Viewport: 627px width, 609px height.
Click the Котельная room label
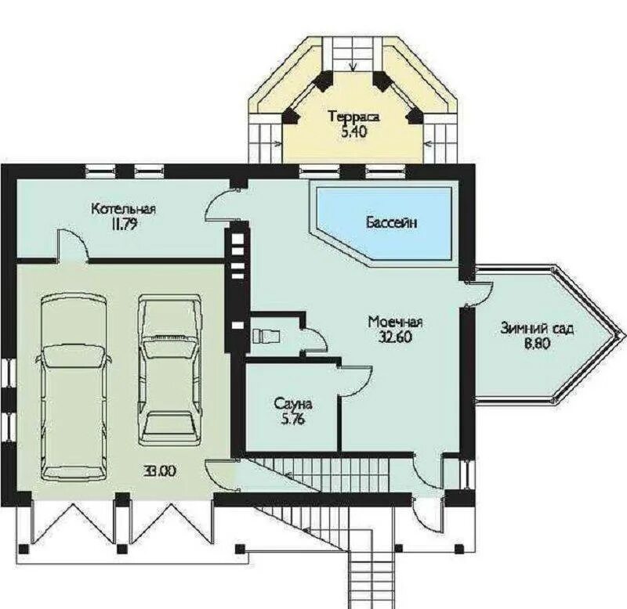pos(123,209)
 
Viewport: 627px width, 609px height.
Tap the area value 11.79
pos(125,225)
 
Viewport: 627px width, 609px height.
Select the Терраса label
pos(353,117)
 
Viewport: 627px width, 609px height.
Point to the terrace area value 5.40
pos(353,132)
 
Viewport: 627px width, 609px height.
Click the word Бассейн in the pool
pos(391,222)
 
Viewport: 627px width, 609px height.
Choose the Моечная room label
pos(395,322)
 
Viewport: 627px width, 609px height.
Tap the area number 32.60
pos(395,337)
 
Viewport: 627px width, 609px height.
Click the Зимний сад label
pos(537,329)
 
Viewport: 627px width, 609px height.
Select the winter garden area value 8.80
pos(538,344)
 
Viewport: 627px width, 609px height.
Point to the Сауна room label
pos(292,404)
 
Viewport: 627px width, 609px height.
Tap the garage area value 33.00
pos(160,471)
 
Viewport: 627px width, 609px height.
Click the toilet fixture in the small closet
pos(266,335)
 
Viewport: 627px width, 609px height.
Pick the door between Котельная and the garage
pos(73,246)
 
